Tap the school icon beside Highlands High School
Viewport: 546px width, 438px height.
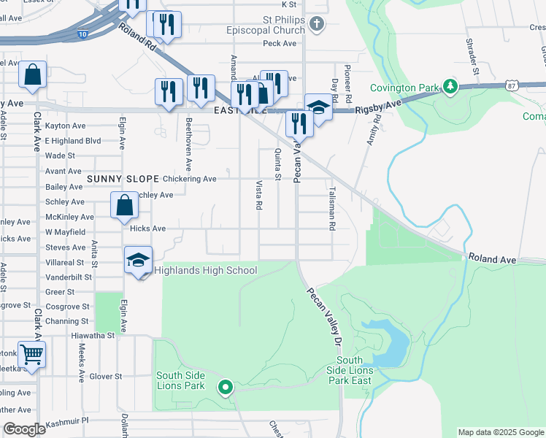138,261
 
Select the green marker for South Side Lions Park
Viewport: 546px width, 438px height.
226,388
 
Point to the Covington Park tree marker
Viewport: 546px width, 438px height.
450,88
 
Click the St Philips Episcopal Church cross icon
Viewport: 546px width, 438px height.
316,25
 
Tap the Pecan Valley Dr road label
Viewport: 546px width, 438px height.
323,317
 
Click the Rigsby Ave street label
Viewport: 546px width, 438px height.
378,107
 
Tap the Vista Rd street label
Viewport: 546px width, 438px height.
258,195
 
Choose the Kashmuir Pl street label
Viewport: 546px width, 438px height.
64,421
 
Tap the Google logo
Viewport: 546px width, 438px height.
24,430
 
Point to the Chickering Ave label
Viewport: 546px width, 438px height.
190,179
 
